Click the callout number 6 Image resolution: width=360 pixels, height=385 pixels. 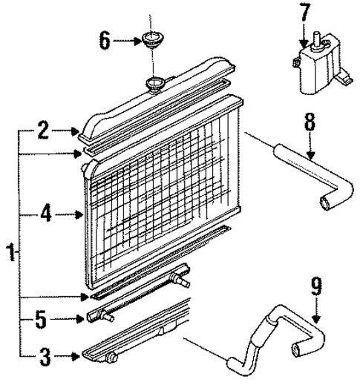105,40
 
